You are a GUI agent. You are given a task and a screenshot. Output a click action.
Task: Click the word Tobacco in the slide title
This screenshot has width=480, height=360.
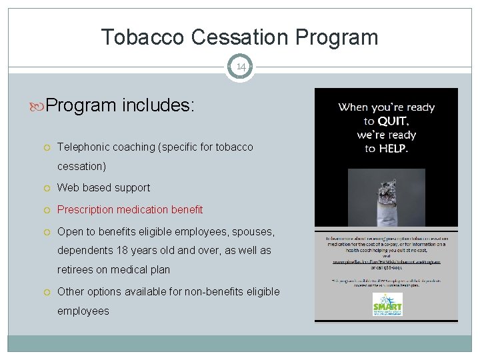pos(143,37)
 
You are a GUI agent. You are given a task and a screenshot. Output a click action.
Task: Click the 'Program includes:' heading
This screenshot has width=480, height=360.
pos(120,106)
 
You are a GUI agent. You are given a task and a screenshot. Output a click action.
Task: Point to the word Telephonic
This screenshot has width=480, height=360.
pos(83,147)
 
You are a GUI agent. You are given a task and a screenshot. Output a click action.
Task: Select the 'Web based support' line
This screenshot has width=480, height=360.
pos(103,188)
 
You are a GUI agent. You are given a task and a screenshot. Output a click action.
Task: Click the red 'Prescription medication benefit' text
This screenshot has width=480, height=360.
pos(130,209)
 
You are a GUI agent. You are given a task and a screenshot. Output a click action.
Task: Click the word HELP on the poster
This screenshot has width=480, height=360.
pos(393,148)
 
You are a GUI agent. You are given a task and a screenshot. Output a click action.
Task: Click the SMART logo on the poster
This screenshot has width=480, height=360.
pos(387,305)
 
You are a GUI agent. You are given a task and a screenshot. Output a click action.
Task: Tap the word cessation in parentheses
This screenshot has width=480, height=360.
pos(81,166)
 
